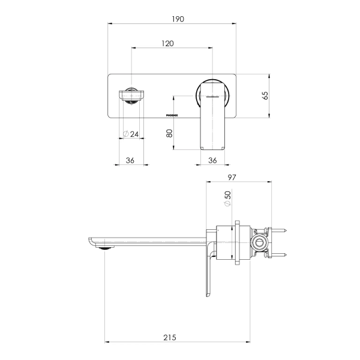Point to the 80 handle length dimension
(x=169, y=133)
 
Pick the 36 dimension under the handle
(x=212, y=160)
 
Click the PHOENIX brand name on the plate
(x=173, y=112)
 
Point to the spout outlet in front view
(x=131, y=95)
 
